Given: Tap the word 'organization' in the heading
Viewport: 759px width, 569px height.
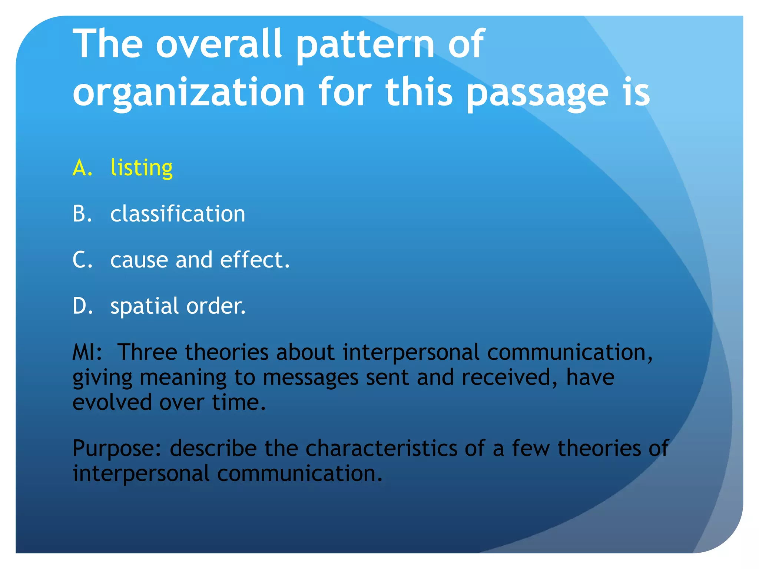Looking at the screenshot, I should tap(188, 93).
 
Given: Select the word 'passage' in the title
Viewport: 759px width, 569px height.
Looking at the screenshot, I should tap(537, 93).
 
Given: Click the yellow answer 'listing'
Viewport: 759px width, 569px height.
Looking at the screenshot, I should tap(142, 168).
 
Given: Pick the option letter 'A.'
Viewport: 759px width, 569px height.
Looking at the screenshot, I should tap(82, 168).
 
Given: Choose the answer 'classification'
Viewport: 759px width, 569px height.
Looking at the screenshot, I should tap(178, 214).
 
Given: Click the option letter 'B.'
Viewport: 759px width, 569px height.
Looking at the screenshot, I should tap(82, 214).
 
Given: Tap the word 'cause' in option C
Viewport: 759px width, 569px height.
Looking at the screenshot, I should tap(139, 260).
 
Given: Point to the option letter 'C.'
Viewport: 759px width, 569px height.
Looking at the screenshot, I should tap(82, 260).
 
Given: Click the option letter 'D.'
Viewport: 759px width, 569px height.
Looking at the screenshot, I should tap(82, 306).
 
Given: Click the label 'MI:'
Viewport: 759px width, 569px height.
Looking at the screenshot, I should tap(87, 352).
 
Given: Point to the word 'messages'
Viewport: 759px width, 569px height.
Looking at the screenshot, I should tap(311, 377).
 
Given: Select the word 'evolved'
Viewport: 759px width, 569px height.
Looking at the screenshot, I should tap(112, 402).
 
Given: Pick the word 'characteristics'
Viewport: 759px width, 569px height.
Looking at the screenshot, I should tap(381, 448).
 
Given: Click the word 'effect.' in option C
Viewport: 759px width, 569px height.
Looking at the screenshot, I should tap(255, 260).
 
